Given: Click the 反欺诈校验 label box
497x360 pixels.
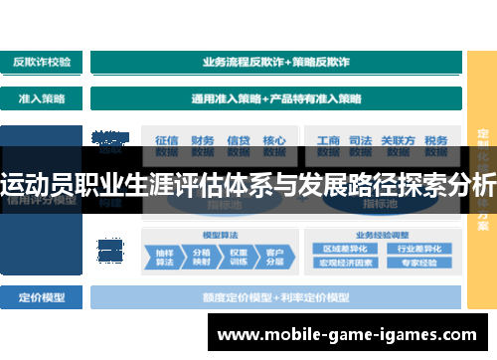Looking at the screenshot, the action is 42,62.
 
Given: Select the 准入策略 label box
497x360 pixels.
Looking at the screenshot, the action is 42,99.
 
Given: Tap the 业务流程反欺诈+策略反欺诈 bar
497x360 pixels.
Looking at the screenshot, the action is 275,62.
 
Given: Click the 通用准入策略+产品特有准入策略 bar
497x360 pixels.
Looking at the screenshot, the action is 275,99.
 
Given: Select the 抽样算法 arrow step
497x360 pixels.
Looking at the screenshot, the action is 163,257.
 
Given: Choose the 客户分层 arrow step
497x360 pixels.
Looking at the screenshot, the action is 273,257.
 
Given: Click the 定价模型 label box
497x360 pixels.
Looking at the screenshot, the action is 42,296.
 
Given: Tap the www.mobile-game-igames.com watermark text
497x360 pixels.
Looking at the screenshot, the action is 347,335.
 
